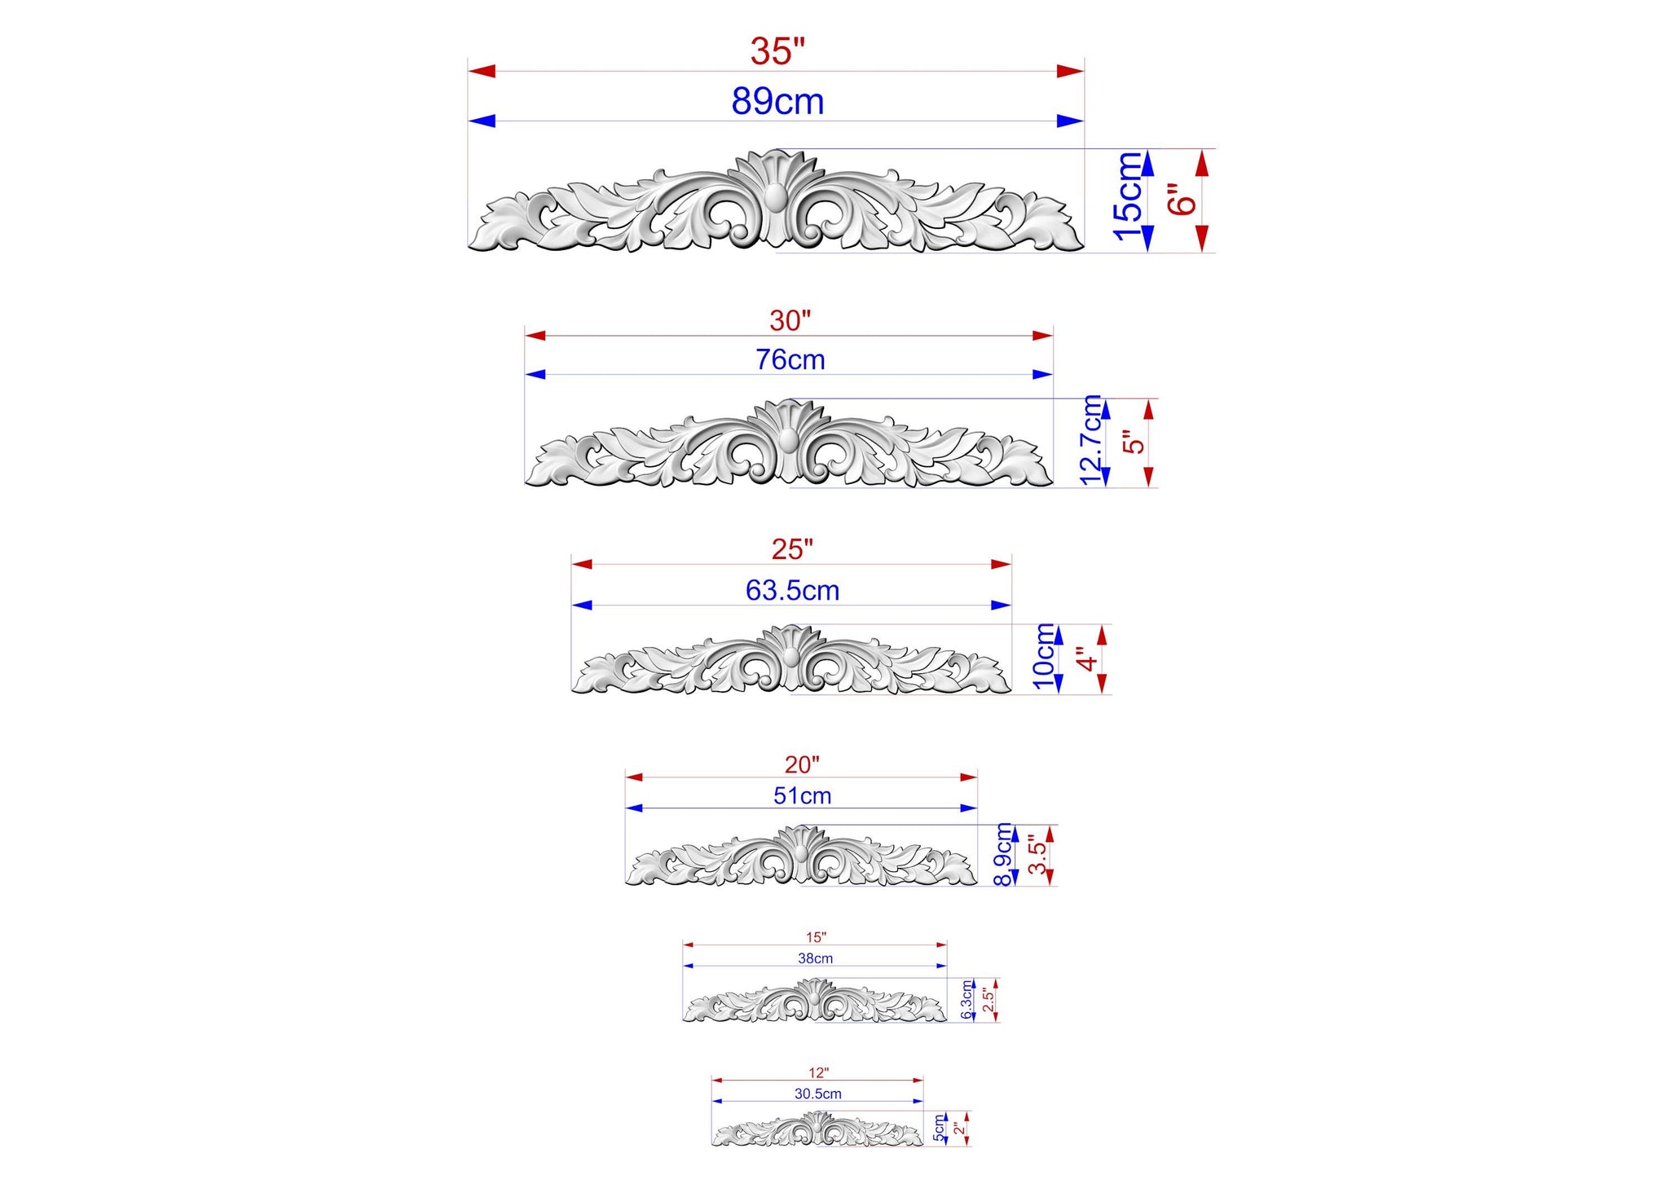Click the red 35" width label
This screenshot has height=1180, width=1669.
point(777,51)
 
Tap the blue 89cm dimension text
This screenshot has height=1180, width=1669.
point(777,102)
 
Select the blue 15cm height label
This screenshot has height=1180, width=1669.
point(1128,196)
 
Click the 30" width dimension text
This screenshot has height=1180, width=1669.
point(790,320)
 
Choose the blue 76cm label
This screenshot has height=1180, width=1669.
point(790,359)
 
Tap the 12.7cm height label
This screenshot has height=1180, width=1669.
point(1091,440)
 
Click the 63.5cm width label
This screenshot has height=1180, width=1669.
point(792,590)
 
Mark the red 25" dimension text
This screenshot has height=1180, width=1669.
point(792,549)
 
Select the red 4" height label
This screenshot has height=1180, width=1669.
point(1085,658)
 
